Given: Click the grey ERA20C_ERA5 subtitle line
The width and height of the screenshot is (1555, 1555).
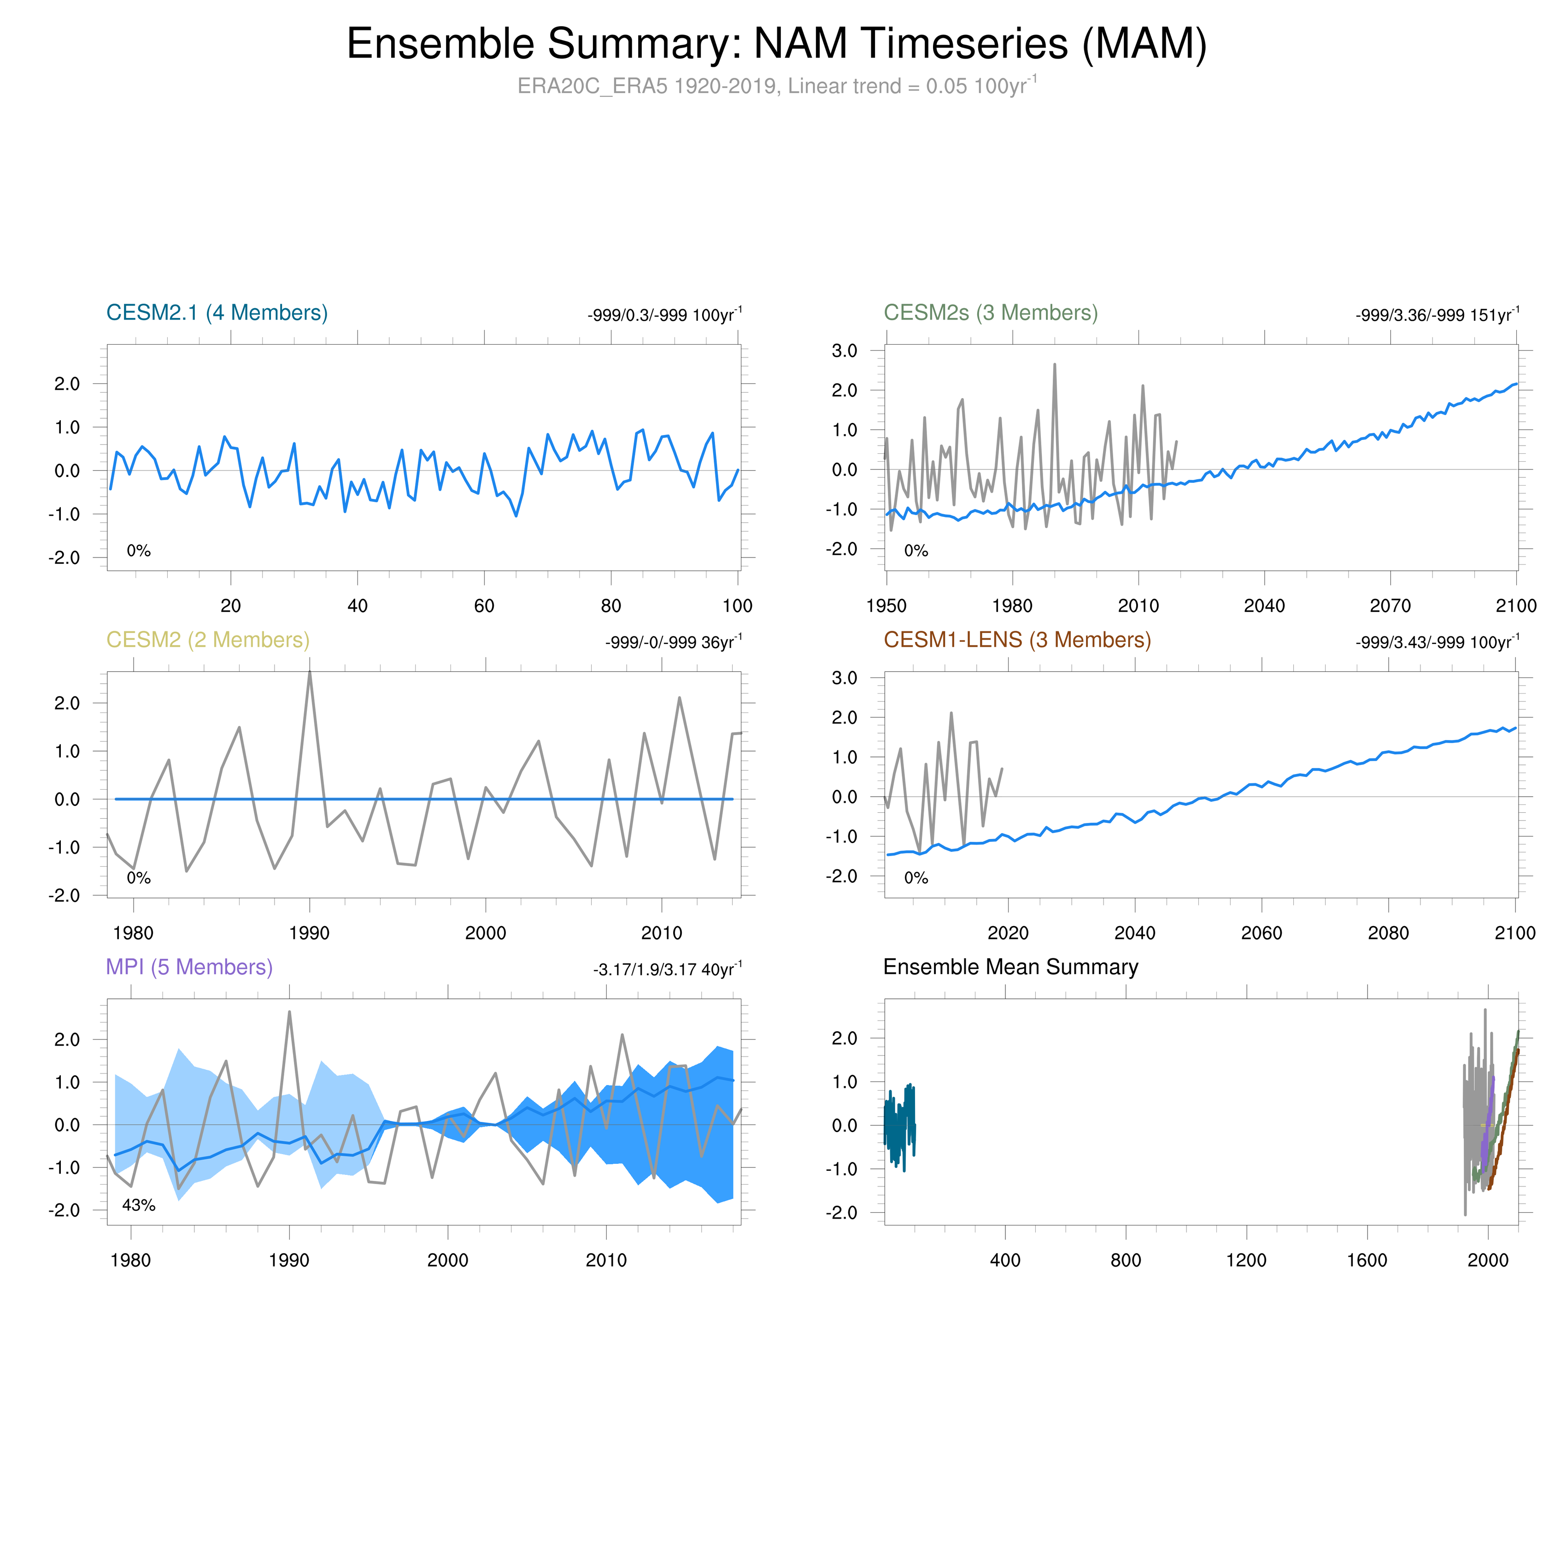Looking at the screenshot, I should pyautogui.click(x=777, y=86).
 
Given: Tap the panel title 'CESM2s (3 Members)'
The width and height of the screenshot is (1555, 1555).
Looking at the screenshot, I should pyautogui.click(x=991, y=312).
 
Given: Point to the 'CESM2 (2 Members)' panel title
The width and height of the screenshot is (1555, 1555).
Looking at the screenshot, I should pyautogui.click(x=208, y=640).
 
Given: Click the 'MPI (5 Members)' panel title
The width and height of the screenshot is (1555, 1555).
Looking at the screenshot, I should pyautogui.click(x=189, y=967).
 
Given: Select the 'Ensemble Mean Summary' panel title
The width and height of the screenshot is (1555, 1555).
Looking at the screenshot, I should pyautogui.click(x=1010, y=967).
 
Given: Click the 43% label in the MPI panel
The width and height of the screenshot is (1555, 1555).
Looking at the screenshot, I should pyautogui.click(x=138, y=1205).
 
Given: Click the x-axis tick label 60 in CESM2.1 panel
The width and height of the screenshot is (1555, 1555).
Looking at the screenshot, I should pyautogui.click(x=484, y=606).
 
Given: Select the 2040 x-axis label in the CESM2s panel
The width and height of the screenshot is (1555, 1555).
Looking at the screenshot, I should pyautogui.click(x=1264, y=606).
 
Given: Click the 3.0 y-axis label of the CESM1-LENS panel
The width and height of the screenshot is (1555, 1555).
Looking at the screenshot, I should pyautogui.click(x=844, y=678).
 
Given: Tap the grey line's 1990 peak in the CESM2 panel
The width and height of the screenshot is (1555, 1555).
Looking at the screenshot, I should pyautogui.click(x=310, y=673).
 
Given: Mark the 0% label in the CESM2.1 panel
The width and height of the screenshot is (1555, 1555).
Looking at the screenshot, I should pyautogui.click(x=138, y=551).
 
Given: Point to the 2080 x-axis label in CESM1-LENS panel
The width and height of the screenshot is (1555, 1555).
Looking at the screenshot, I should pyautogui.click(x=1388, y=933).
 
